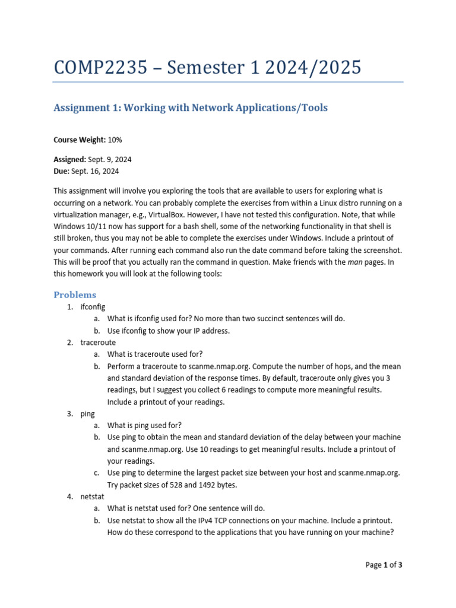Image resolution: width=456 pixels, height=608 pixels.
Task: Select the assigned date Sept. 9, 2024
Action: click(109, 160)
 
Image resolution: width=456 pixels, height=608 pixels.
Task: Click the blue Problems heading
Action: click(75, 295)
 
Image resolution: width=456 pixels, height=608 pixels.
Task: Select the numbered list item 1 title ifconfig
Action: click(93, 307)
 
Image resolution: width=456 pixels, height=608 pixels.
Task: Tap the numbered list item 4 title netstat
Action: click(93, 496)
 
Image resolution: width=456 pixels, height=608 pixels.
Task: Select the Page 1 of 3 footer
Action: click(384, 565)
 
